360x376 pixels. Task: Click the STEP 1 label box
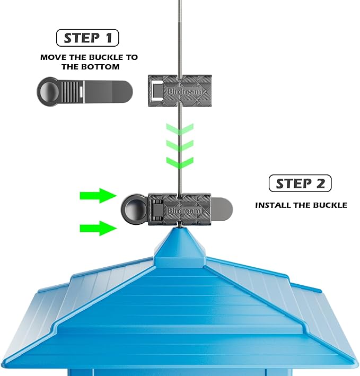(x=87, y=38)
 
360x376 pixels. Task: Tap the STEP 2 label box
(x=300, y=183)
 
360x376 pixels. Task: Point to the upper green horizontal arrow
(x=98, y=196)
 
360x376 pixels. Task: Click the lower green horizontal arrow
(x=98, y=228)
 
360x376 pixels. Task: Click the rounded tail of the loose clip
(x=119, y=91)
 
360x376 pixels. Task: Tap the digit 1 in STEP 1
(x=108, y=38)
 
